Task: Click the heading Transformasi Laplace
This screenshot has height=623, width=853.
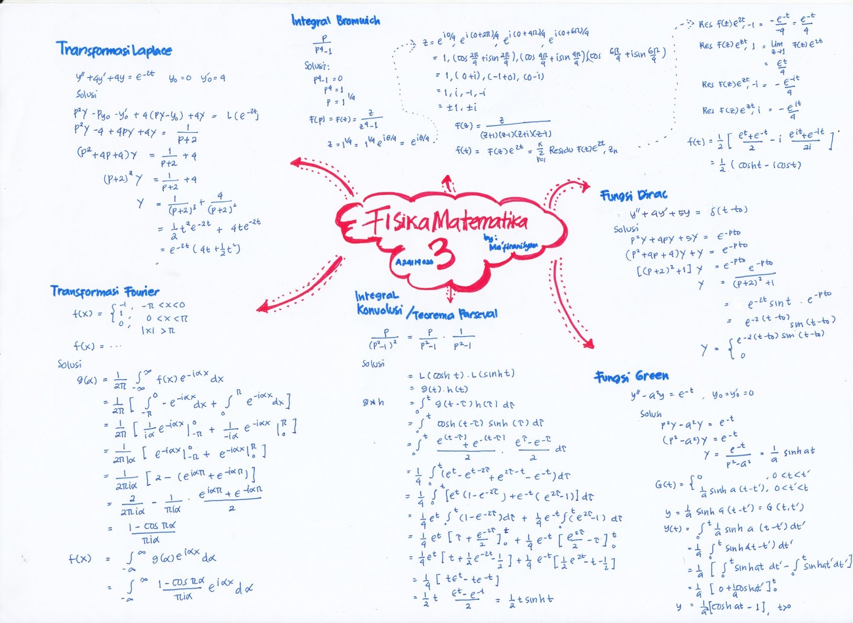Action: pos(114,50)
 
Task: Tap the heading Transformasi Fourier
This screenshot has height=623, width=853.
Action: pos(105,291)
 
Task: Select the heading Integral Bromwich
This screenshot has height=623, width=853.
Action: pos(335,21)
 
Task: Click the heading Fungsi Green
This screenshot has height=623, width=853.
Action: pos(631,377)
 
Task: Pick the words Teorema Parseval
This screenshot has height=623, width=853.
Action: pos(455,314)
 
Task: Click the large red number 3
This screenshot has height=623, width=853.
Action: pos(444,254)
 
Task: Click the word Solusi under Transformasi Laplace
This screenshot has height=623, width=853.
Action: pos(86,94)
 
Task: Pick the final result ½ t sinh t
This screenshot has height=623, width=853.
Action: pos(524,600)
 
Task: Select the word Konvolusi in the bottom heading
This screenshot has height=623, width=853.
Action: pos(379,310)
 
